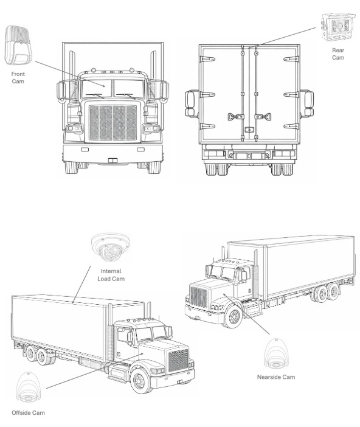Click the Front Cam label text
point(18,78)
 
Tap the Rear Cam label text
point(338,54)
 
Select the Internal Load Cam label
point(111,275)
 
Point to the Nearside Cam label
point(276,377)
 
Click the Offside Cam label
point(28,413)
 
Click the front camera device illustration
point(18,45)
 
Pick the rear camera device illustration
point(338,27)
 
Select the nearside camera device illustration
point(276,354)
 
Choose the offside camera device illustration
point(28,387)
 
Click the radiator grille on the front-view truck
point(112,122)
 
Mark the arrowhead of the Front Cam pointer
point(104,86)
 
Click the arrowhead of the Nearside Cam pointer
point(224,294)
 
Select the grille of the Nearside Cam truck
point(198,297)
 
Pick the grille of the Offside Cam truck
point(178,360)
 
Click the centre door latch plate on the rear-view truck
point(249,130)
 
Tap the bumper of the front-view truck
point(112,154)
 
